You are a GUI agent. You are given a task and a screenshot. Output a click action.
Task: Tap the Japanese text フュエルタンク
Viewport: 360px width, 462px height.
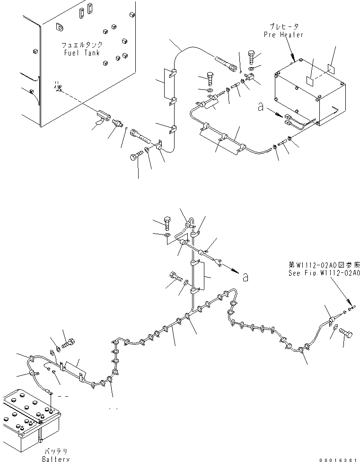click(81, 45)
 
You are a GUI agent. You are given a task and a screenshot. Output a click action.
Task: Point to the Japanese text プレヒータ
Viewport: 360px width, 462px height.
click(284, 27)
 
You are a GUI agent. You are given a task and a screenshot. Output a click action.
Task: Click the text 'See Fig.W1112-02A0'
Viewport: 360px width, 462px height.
click(325, 273)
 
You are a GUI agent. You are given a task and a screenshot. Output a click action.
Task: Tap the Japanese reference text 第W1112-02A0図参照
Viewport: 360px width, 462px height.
click(325, 266)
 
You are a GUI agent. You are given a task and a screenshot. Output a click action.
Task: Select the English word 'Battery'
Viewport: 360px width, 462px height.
click(56, 459)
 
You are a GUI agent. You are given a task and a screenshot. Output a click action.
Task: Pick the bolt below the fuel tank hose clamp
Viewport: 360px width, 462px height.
click(136, 157)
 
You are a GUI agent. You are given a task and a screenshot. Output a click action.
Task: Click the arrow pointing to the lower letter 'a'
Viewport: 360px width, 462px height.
click(230, 270)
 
